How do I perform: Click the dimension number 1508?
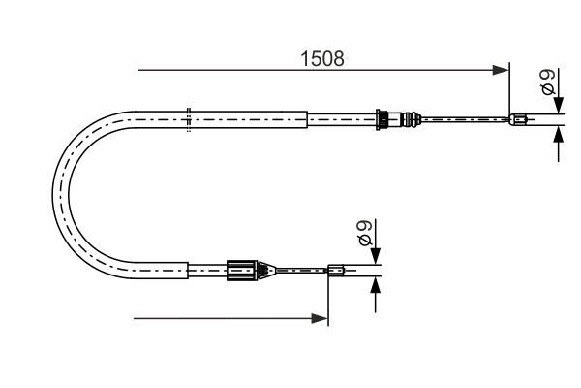[x=321, y=57]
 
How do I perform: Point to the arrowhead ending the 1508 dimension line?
[x=502, y=70]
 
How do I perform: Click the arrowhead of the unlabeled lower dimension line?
[x=321, y=317]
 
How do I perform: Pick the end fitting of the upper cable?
[x=519, y=120]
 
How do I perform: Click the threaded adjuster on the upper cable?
[x=387, y=120]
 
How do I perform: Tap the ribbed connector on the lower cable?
[x=243, y=271]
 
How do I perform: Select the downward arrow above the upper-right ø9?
[x=559, y=104]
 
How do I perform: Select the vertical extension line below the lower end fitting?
[x=329, y=301]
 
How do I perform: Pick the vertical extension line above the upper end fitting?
[x=509, y=92]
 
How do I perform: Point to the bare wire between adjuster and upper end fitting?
[x=465, y=120]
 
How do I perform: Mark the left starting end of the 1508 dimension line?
[x=139, y=70]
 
